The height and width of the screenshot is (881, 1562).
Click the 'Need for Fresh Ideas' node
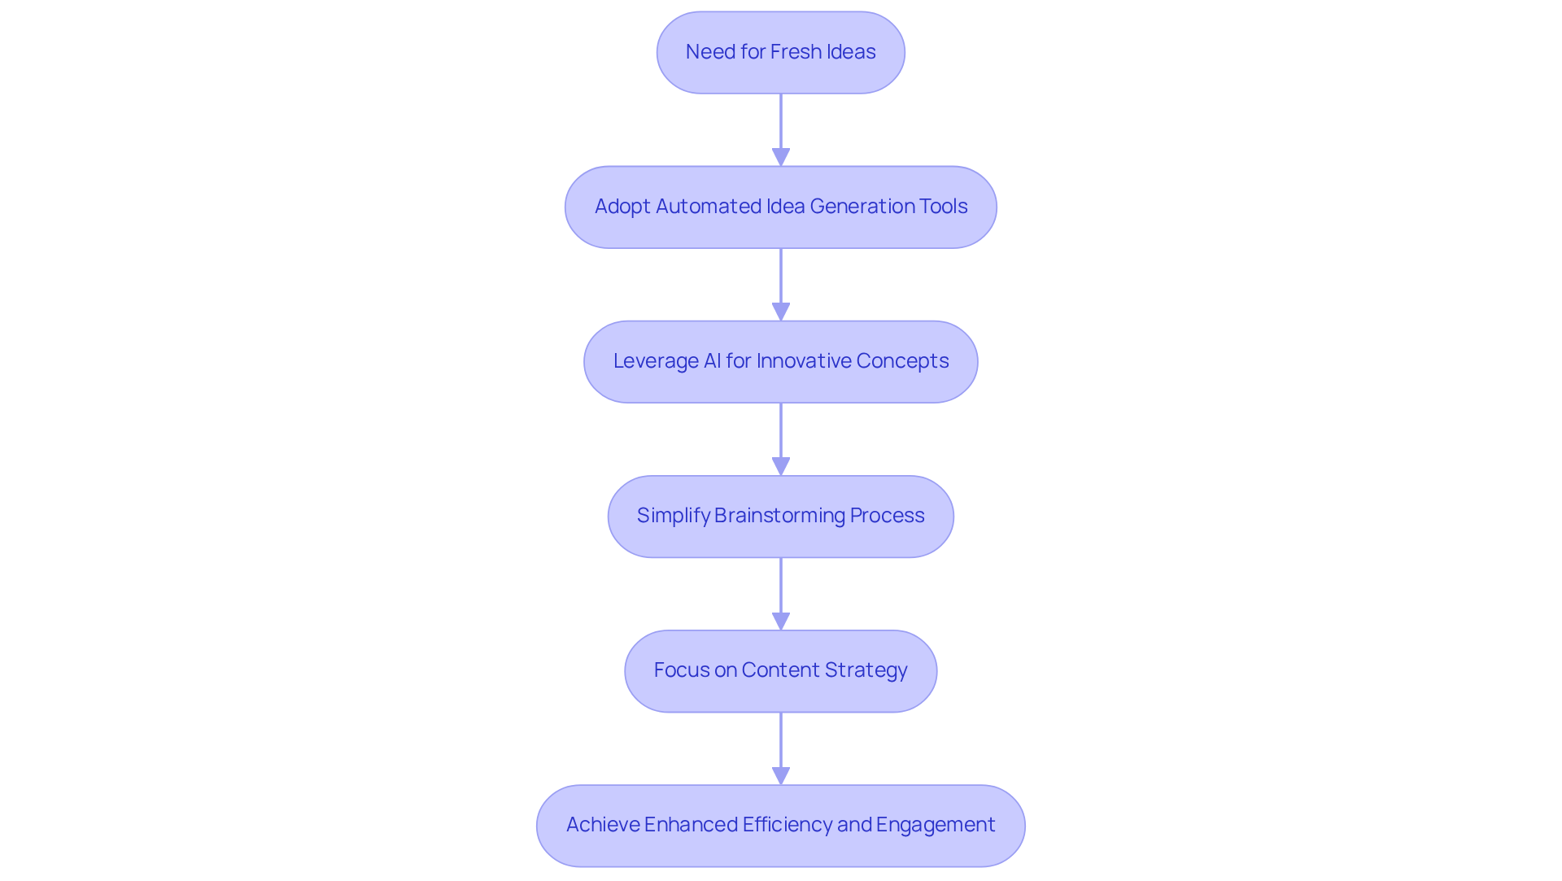[x=780, y=52]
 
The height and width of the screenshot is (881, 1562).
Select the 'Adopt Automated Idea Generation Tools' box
[x=780, y=207]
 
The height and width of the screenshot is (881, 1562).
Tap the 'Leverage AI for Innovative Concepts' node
[x=780, y=361]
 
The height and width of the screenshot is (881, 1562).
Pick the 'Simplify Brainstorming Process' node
[x=780, y=516]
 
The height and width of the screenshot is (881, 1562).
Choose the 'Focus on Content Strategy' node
[x=780, y=670]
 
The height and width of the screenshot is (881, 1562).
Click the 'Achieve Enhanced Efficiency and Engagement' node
[x=780, y=825]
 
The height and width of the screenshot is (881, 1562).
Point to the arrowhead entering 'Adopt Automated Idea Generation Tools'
[x=781, y=157]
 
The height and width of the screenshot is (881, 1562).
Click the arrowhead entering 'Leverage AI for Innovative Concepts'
[x=781, y=312]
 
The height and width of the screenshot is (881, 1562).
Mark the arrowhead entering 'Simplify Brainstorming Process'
[x=781, y=466]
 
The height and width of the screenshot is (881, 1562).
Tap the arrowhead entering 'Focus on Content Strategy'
[x=781, y=621]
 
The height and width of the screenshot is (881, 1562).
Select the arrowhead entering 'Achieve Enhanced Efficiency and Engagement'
[x=781, y=775]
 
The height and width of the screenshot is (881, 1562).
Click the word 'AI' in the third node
[x=712, y=361]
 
